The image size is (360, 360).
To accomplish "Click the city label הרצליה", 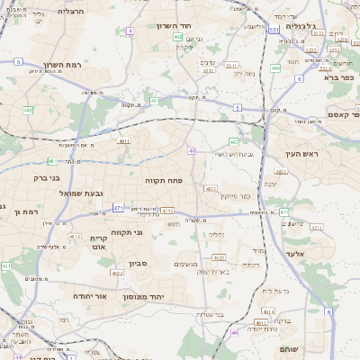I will [x=58, y=12].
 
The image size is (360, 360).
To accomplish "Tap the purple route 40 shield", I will [x=193, y=150].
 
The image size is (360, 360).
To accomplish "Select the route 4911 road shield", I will [x=124, y=140].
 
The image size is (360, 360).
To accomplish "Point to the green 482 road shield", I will [x=29, y=110].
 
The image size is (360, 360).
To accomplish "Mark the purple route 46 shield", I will [x=234, y=332].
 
